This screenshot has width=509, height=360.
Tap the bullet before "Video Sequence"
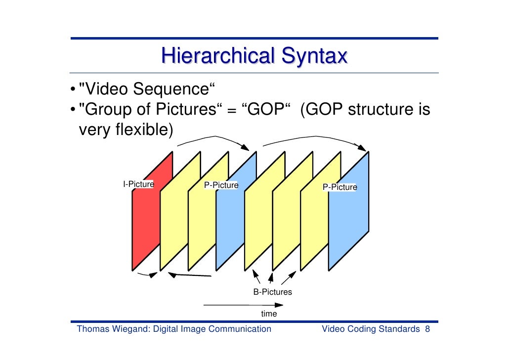coord(73,90)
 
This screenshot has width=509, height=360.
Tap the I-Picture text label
coord(138,184)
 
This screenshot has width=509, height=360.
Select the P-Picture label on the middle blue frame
coord(221,185)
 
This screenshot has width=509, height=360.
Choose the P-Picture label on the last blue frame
coord(339,187)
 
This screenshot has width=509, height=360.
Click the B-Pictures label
coord(272,292)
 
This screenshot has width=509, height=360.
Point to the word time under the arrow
coord(269,314)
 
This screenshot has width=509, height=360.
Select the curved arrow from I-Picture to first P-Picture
coord(212,137)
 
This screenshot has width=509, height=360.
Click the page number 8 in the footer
coord(427,329)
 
